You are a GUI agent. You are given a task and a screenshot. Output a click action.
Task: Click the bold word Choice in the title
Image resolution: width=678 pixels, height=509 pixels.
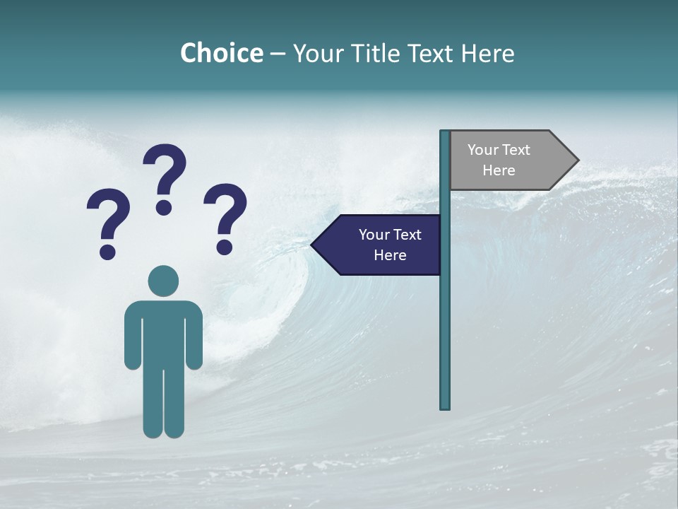(221, 53)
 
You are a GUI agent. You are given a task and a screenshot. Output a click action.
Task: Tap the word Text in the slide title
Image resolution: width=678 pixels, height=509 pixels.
(432, 53)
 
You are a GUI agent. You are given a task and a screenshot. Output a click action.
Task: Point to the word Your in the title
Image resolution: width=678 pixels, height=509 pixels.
(317, 53)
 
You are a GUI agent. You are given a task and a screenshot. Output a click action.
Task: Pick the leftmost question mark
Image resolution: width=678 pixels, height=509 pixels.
(108, 219)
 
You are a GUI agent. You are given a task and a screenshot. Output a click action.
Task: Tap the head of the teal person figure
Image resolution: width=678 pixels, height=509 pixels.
(163, 281)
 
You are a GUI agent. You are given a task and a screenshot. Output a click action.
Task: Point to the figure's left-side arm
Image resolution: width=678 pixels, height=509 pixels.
(132, 339)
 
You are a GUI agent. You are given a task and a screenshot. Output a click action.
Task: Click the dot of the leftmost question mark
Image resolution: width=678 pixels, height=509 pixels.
(107, 252)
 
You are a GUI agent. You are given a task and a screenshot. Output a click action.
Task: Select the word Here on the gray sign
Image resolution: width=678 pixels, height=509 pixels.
(499, 170)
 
